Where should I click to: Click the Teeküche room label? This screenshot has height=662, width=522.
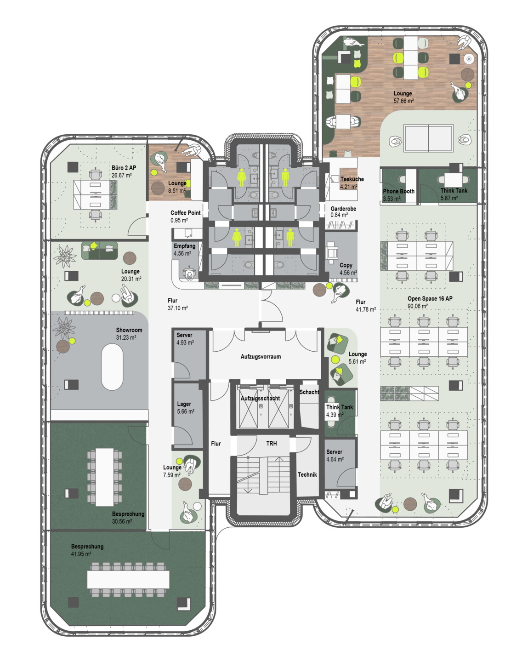352,179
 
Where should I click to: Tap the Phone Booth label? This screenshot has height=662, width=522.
398,191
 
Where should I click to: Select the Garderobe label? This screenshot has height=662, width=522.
343,209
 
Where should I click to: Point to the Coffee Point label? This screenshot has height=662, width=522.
186,212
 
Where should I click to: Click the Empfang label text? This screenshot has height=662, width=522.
185,246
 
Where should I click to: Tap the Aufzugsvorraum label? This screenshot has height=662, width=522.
261,357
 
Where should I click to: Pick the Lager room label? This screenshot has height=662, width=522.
184,404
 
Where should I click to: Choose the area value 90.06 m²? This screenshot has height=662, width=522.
417,306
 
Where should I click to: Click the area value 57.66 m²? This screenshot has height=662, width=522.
403,101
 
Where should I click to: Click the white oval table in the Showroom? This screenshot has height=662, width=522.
112,367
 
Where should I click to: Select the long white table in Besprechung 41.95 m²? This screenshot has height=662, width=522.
128,579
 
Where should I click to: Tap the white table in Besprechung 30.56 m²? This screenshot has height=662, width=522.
105,477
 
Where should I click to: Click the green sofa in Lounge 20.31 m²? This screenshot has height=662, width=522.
99,251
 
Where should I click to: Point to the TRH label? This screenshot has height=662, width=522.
271,443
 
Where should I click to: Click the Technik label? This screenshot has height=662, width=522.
307,474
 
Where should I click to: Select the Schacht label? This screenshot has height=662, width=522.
309,392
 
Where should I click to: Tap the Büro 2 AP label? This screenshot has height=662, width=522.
124,168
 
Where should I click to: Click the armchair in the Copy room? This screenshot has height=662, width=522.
332,252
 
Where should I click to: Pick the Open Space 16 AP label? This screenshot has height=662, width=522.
430,298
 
